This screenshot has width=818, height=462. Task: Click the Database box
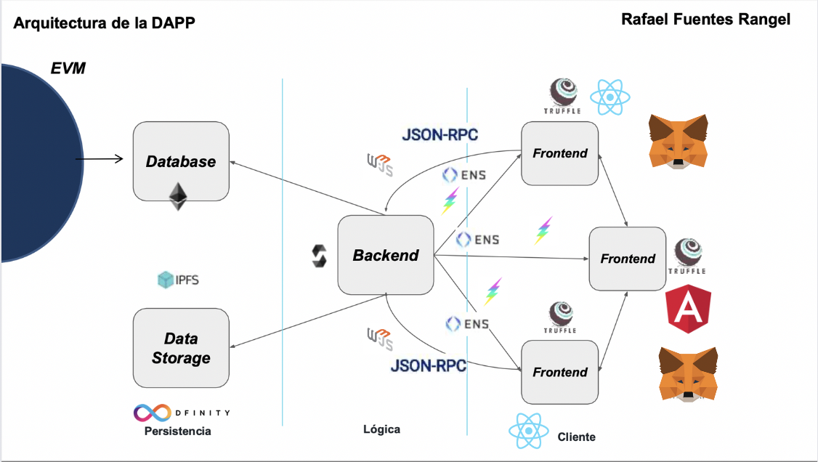point(181,161)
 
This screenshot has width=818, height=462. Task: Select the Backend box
point(386,255)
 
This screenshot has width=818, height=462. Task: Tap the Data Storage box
point(181,348)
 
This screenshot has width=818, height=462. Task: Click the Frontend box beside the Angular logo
point(628,259)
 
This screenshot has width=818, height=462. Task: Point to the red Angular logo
point(689,309)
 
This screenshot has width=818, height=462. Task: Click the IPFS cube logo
point(166,280)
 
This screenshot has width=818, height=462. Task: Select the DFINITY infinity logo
point(153,413)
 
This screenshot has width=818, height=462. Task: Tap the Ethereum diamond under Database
point(178,197)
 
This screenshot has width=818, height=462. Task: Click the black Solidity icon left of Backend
point(319,256)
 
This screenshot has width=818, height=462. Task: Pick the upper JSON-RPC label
point(440,134)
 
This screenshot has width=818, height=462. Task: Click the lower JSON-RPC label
point(429,365)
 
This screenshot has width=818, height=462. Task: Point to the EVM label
point(68,68)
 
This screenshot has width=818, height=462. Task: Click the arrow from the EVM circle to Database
point(99,158)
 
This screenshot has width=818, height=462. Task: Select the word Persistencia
point(178,431)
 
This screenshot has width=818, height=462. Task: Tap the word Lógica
point(382,429)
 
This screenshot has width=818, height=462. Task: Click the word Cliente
point(577,437)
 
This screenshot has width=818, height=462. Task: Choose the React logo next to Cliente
point(528,431)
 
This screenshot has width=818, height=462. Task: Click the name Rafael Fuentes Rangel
point(706,20)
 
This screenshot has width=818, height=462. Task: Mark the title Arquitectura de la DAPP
point(105,23)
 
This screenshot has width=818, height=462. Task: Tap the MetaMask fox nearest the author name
point(679,142)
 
